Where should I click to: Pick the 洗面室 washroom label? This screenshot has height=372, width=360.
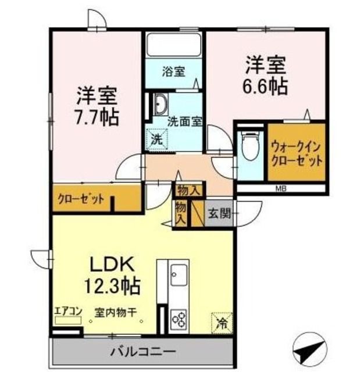coord(184,122)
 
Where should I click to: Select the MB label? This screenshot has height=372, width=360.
coord(280,189)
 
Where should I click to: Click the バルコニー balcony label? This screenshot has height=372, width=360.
coord(143,352)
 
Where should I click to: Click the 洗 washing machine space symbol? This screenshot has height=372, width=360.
coord(156,138)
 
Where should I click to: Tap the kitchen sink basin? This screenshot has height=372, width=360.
coord(177,273)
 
